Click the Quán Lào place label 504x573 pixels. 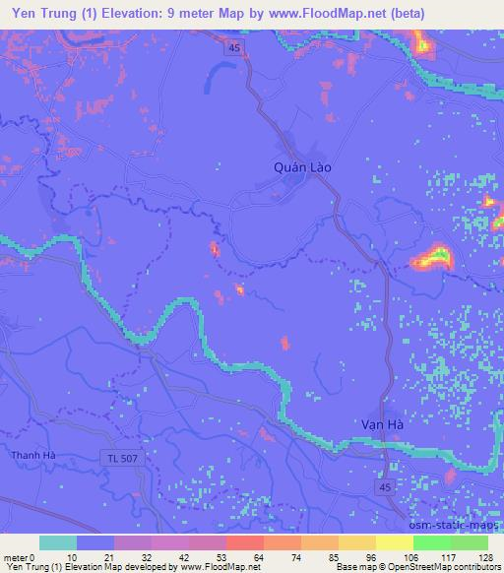(302, 167)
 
